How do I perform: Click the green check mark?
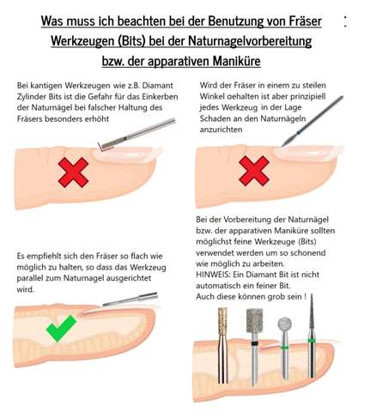coord(62,328)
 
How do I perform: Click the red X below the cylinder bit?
coord(73,172)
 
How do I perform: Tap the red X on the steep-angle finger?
coord(254,171)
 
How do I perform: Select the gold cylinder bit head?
coord(222,321)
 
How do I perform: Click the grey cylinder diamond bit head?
coord(254,321)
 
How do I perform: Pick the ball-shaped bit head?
coord(284,324)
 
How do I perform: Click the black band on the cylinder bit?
coord(254,343)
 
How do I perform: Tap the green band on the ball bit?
coord(284,348)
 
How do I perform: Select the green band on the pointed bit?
coord(312,341)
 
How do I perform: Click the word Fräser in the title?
coord(305,21)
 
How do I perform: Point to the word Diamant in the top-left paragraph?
coord(158,85)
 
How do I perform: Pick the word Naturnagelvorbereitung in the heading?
coord(250,41)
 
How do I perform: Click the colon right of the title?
coord(345,21)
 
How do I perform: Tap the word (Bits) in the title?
coord(130,41)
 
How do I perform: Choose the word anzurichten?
coord(221,130)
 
